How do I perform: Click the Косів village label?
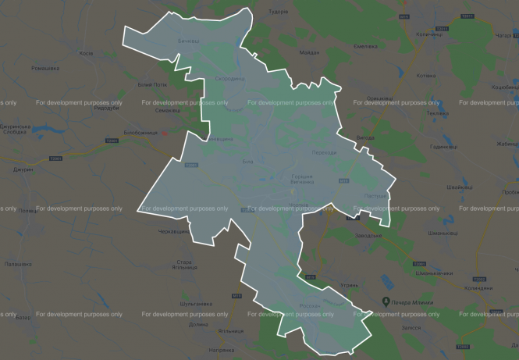[87, 53]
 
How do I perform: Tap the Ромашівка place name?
[45, 69]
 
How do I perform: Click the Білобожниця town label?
[140, 132]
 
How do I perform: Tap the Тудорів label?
[299, 12]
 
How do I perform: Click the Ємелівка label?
[366, 47]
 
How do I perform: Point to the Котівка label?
[426, 76]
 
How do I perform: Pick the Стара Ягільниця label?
[184, 264]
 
